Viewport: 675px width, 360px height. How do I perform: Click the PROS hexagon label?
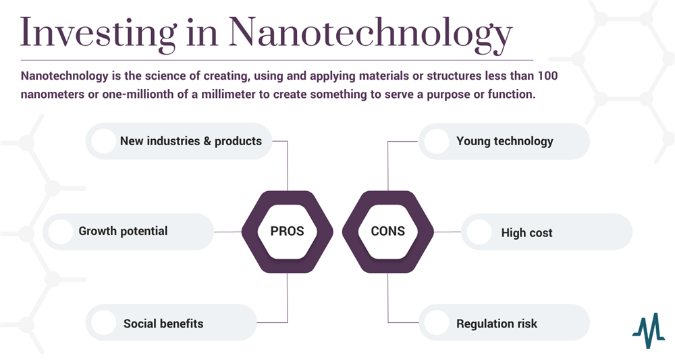tap(287, 231)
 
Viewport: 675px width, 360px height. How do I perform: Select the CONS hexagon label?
tap(388, 231)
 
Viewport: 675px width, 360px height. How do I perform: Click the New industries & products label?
tap(191, 141)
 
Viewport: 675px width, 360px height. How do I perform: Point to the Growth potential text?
tap(123, 231)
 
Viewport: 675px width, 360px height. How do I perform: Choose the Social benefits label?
tap(163, 324)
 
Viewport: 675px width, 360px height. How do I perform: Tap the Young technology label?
tap(504, 141)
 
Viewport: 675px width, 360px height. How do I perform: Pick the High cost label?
tap(526, 233)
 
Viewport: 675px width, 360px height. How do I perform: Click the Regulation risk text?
tap(497, 324)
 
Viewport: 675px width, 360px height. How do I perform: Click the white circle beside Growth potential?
tap(61, 232)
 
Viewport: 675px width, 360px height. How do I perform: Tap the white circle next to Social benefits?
tap(103, 323)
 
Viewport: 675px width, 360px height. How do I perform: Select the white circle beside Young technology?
tap(437, 141)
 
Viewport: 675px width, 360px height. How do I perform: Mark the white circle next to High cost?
tap(479, 232)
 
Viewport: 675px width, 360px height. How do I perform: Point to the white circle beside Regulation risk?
tap(437, 323)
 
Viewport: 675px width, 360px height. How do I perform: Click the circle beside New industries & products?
tap(103, 141)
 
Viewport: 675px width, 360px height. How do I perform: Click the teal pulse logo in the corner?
tap(648, 330)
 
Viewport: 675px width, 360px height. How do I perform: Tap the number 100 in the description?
tap(548, 76)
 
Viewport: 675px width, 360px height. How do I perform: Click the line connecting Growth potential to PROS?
tap(228, 232)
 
